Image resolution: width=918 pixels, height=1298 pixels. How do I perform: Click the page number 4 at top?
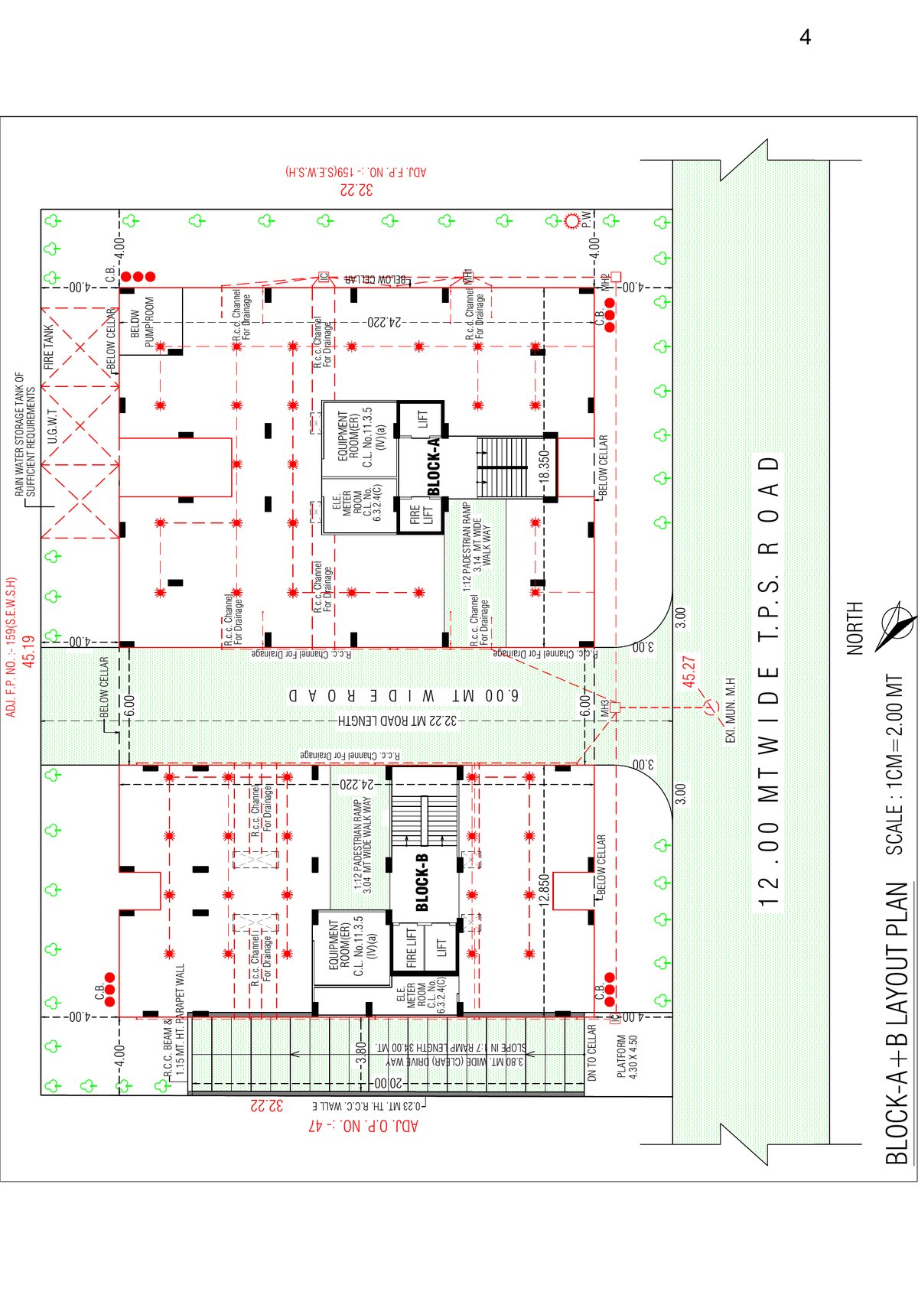(x=805, y=37)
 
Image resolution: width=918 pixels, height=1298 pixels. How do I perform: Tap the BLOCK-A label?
(x=433, y=467)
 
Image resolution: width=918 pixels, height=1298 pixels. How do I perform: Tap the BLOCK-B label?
(x=422, y=882)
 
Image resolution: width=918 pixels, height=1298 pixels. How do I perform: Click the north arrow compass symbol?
(x=895, y=626)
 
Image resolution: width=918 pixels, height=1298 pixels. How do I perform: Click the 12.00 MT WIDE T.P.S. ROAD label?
(x=768, y=681)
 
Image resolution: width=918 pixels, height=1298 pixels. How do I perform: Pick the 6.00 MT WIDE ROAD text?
(x=403, y=696)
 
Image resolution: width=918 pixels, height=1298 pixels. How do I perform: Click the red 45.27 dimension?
(x=688, y=671)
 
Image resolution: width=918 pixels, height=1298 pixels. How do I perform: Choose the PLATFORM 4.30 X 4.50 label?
(x=627, y=1056)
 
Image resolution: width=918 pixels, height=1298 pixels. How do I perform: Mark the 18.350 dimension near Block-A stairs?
(x=543, y=464)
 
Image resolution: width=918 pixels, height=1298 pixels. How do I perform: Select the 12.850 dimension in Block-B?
(x=543, y=890)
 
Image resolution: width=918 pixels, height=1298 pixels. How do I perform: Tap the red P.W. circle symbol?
(x=571, y=222)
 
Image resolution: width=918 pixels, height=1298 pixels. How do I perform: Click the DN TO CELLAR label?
(x=591, y=1052)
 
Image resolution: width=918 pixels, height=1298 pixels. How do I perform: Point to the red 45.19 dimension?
(x=29, y=651)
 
